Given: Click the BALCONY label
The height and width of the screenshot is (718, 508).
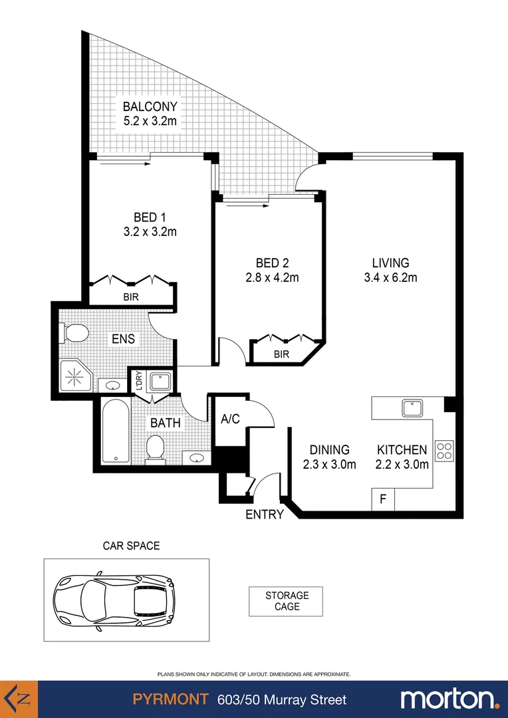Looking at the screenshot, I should tap(150, 106).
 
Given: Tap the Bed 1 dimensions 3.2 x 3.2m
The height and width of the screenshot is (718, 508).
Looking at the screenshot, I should tap(150, 232).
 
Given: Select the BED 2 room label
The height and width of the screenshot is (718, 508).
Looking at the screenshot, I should tap(272, 263).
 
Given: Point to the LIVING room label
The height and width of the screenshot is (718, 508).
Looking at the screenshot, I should tap(390, 263).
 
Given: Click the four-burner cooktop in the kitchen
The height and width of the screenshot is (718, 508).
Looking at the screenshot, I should tap(444, 451).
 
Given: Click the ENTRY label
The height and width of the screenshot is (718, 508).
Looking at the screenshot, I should tap(265, 514).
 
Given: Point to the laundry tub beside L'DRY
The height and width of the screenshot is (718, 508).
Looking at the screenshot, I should tap(160, 382).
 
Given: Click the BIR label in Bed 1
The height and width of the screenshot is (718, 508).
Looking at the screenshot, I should tap(131, 297).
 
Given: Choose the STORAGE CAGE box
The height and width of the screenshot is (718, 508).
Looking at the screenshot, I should tap(287, 601).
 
